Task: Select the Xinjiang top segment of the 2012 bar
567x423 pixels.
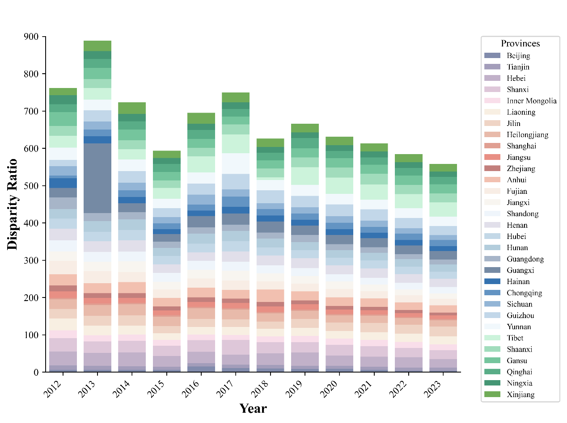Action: [63, 92]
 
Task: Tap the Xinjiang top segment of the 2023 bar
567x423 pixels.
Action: [443, 168]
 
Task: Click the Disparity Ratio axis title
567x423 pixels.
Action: [13, 204]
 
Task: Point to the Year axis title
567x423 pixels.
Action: [253, 408]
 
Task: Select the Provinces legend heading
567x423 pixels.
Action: [520, 43]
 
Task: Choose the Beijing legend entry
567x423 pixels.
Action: [518, 56]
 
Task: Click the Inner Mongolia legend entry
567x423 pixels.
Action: [532, 101]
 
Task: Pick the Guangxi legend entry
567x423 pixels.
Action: [520, 270]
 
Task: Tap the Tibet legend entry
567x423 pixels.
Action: [515, 338]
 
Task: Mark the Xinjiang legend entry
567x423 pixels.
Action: [520, 394]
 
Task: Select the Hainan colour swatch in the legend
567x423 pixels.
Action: [493, 282]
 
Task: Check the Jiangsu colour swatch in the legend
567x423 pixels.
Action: [493, 157]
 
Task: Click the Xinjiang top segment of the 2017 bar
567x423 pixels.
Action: [235, 97]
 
